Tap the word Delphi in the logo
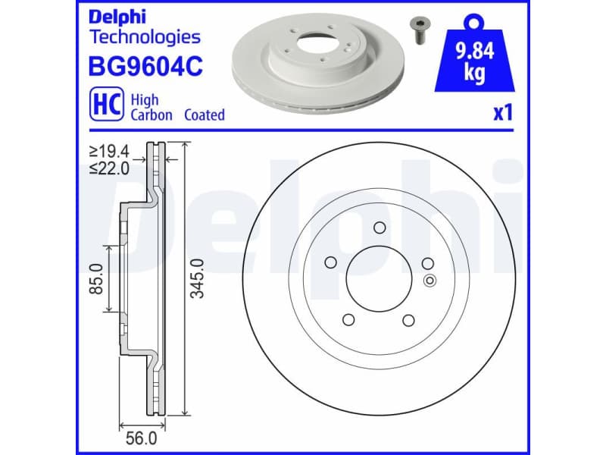(114, 16)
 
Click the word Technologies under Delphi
(145, 36)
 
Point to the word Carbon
(151, 115)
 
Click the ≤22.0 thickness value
(109, 168)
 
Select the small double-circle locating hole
(429, 281)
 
